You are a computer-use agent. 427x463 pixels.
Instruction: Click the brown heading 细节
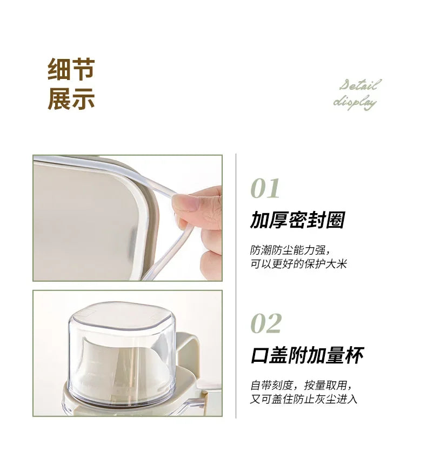tap(71, 70)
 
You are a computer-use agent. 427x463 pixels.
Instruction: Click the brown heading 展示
tap(71, 99)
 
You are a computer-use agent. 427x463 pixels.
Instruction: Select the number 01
tap(265, 189)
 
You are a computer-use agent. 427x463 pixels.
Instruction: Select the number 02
tap(266, 323)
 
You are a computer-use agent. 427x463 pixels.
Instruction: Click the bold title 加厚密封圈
tap(297, 221)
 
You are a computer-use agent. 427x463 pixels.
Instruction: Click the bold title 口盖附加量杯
tap(307, 355)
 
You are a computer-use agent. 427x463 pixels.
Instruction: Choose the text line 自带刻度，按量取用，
tap(303, 386)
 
